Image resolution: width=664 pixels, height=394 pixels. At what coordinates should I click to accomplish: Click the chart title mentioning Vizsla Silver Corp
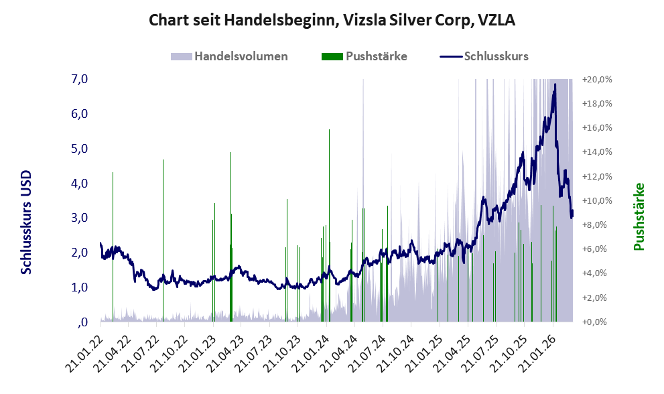(x=332, y=21)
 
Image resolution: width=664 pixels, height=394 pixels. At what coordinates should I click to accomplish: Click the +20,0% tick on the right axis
(x=598, y=79)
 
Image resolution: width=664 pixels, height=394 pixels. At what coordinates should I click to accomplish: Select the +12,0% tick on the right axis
(x=598, y=176)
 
